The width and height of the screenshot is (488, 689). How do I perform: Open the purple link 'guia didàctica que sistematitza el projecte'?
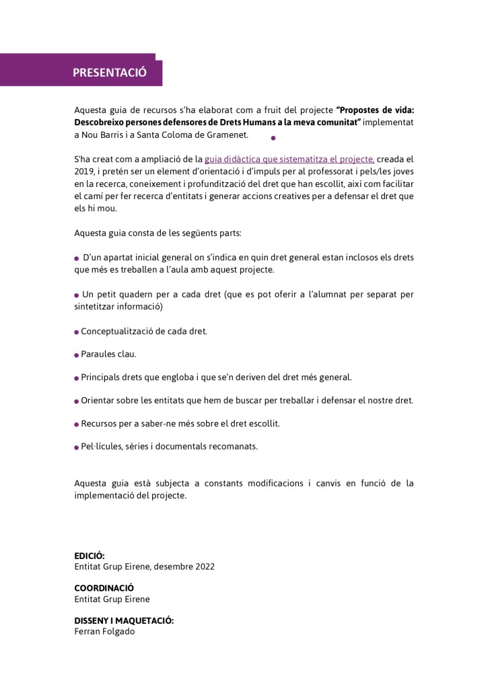[x=289, y=159]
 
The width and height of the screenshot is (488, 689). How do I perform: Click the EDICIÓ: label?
[x=89, y=556]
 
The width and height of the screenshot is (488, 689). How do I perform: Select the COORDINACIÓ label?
[x=104, y=587]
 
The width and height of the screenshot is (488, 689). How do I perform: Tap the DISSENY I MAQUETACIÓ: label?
[x=124, y=620]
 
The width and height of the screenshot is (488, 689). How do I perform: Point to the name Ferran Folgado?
[x=104, y=632]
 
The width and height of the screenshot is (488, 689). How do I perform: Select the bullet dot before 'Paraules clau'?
[x=77, y=355]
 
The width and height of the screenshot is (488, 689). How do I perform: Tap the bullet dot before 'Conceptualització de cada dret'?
[x=77, y=332]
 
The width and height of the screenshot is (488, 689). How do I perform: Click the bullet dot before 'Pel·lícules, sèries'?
[x=77, y=447]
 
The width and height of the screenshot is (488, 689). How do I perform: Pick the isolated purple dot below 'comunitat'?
[x=273, y=138]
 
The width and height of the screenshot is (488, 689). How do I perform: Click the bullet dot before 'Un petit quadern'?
[x=77, y=295]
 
